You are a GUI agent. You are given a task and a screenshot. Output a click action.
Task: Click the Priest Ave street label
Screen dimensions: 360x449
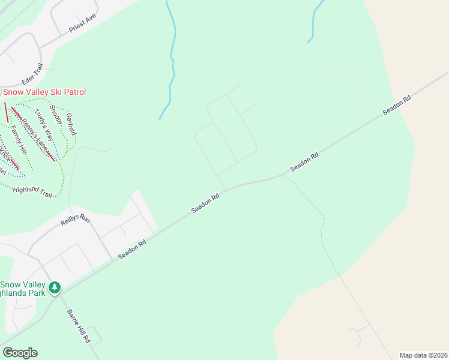83,23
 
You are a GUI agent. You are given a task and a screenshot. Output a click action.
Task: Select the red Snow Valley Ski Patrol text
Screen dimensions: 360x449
45,92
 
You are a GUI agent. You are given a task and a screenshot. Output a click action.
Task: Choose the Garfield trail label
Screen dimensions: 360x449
70,122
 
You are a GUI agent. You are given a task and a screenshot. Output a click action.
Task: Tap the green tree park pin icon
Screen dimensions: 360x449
55,288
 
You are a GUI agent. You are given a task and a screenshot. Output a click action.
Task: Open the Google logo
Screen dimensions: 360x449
20,352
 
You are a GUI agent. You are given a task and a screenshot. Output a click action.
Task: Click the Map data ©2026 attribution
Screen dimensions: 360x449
423,355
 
